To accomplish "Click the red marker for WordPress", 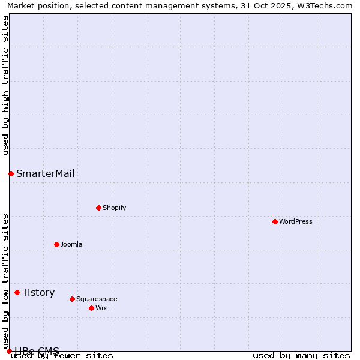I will point(275,221).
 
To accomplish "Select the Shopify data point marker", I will point(98,208).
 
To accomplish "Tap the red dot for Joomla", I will point(56,244).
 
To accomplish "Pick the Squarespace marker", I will point(72,299).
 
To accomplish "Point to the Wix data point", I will point(91,308).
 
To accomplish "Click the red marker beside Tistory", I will point(17,292).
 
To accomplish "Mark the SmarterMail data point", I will point(11,173).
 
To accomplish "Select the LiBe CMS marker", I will point(9,351).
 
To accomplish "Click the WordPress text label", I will point(296,221).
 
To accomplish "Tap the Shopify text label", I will point(114,208).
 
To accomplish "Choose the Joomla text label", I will point(71,244).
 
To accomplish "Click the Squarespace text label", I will point(97,299).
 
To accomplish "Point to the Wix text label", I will point(101,308).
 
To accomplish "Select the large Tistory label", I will point(38,292).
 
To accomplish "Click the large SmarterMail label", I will point(46,173).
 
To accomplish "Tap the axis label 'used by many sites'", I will point(301,355).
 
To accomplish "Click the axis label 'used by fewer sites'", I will point(62,355).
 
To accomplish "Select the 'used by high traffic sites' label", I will point(5,85).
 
